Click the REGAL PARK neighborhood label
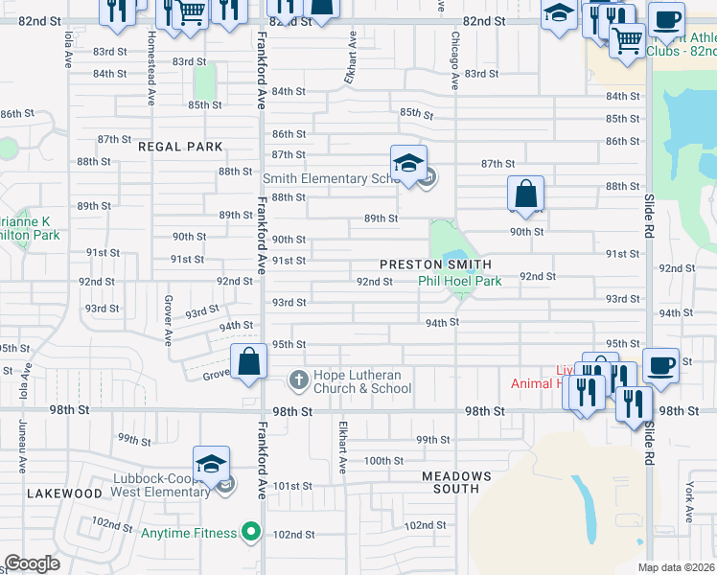180,147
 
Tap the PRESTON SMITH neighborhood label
435,264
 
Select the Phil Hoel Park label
459,282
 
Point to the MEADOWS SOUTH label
456,482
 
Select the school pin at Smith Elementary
408,163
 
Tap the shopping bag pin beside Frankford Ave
249,363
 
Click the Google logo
32,563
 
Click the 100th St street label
384,461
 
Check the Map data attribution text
677,567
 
